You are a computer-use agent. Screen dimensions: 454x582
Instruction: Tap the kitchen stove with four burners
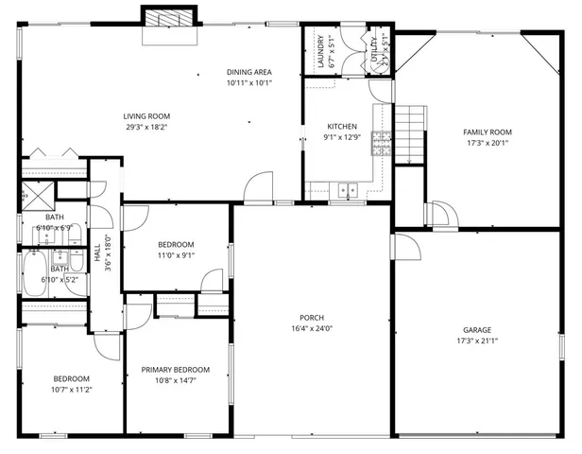point(383,143)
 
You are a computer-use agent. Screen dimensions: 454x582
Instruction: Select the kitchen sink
point(348,189)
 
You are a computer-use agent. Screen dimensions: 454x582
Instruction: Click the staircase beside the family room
point(409,133)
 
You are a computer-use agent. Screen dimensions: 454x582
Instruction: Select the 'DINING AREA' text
point(249,73)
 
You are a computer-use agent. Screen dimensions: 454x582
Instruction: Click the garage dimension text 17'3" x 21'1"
point(476,340)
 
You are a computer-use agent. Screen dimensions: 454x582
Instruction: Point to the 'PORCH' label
point(312,317)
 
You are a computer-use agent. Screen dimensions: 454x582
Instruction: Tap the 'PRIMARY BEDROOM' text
point(175,370)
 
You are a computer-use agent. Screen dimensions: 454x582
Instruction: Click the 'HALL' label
point(97,253)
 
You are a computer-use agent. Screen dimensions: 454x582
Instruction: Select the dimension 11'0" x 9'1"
point(176,254)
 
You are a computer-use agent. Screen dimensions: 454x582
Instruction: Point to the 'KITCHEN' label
point(341,127)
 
